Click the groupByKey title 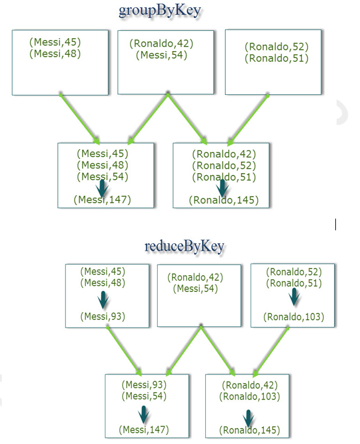point(160,11)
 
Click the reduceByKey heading point(184,246)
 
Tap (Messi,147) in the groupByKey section point(102,200)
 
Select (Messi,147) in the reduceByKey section point(144,430)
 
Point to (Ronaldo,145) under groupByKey point(224,200)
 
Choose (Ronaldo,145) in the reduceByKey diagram point(250,430)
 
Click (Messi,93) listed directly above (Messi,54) point(144,384)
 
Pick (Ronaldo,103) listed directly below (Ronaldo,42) point(250,396)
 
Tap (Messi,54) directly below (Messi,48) point(102,177)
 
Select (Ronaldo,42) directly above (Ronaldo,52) point(224,154)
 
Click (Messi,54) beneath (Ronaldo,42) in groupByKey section point(162,55)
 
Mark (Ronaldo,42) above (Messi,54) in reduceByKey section point(195,277)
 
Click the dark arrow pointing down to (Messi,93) point(103,300)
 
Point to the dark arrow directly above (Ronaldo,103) point(294,297)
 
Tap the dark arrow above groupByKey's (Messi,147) point(102,188)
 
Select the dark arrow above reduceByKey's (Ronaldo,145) point(248,418)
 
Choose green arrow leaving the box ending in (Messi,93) point(124,352)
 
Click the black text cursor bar point(335,224)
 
